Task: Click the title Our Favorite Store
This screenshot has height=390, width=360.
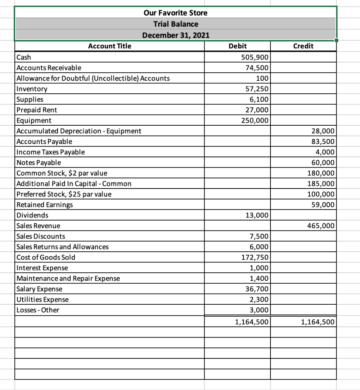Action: (x=176, y=13)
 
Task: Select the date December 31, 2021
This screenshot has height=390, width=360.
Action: (x=176, y=36)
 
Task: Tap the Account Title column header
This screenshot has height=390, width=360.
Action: (x=110, y=46)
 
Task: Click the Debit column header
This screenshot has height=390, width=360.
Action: (x=237, y=46)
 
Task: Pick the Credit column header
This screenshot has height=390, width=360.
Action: (x=304, y=46)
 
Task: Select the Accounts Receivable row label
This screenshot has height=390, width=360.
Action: (x=49, y=68)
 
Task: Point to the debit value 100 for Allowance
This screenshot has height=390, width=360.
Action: (x=263, y=78)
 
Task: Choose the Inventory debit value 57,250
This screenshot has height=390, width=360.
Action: (x=257, y=89)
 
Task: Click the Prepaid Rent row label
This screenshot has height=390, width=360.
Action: (x=37, y=110)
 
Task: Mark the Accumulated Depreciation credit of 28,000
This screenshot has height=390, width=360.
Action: (x=323, y=131)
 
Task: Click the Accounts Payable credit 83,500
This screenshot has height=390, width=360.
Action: (x=323, y=142)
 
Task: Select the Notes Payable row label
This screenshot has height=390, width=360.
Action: (x=39, y=163)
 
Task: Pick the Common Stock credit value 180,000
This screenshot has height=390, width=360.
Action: (x=321, y=173)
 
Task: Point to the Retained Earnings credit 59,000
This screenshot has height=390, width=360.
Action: (x=323, y=205)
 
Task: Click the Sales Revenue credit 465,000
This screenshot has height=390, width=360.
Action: (x=321, y=226)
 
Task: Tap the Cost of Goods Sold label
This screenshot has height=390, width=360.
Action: (x=46, y=257)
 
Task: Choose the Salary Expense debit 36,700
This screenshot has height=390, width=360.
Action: (x=257, y=289)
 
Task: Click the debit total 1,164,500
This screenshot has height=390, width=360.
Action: (x=252, y=322)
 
